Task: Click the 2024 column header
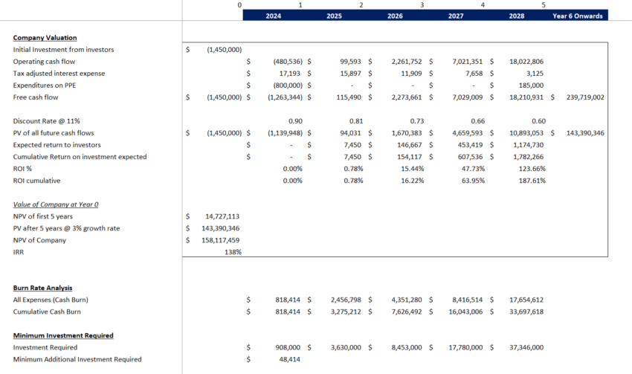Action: [273, 15]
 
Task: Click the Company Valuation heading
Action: [45, 37]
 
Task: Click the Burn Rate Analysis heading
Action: [42, 288]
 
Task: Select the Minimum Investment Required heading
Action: [63, 335]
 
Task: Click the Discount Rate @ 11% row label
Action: [46, 121]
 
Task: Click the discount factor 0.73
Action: [417, 121]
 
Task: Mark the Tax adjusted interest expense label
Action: [59, 74]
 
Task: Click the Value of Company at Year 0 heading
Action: [56, 204]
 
